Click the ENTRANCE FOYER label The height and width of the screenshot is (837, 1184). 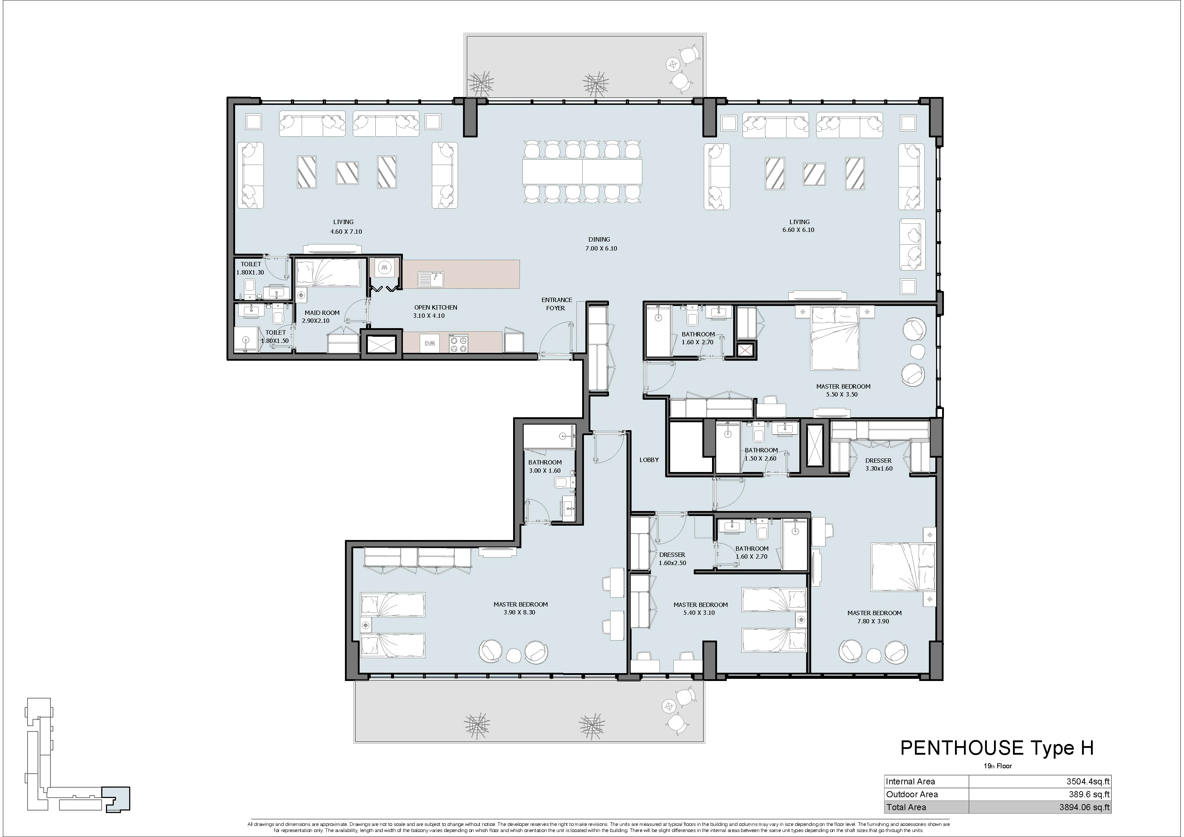pos(556,304)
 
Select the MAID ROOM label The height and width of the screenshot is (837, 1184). pos(322,312)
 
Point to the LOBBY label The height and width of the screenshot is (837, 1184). pos(649,459)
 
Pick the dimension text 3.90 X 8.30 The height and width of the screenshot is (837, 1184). pos(520,613)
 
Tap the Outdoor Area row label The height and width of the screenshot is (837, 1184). pos(912,794)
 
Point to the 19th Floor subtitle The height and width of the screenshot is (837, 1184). pos(997,766)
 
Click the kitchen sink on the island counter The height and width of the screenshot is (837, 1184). pos(430,279)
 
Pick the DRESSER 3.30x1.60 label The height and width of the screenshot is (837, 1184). pos(878,464)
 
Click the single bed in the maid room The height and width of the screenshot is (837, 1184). pos(328,273)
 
